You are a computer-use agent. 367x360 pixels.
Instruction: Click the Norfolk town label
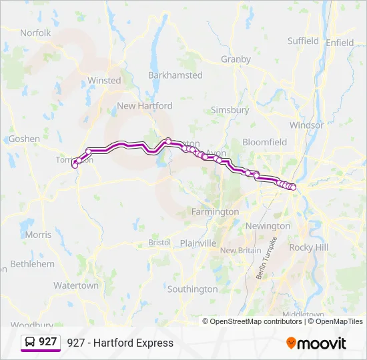tap(35, 33)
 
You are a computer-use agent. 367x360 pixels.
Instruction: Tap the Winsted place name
tap(104, 81)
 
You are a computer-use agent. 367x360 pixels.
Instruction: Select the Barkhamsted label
tap(175, 75)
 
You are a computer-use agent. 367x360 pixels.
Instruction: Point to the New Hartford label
tap(144, 105)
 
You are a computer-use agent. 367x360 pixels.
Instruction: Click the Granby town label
tap(236, 59)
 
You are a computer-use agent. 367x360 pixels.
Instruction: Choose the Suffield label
tap(303, 41)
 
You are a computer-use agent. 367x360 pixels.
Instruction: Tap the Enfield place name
tap(340, 43)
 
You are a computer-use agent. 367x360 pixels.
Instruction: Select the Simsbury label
tap(230, 110)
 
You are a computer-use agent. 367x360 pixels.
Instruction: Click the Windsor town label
tap(306, 125)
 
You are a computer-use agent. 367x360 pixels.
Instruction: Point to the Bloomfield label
tap(264, 142)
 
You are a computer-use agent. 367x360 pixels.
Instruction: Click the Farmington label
tap(215, 211)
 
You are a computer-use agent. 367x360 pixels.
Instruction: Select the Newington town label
tap(268, 226)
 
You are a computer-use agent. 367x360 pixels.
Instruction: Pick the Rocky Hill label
tap(309, 247)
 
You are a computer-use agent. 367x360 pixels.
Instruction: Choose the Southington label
tap(192, 289)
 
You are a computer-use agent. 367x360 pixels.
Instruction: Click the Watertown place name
tap(76, 285)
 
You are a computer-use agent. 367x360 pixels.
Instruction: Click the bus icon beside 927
tap(31, 342)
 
